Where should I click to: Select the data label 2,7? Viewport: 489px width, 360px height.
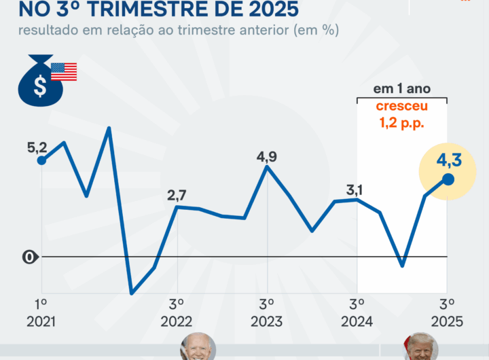(x=177, y=196)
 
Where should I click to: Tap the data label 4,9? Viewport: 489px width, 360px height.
(x=267, y=157)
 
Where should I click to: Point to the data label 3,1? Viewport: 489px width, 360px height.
(x=355, y=190)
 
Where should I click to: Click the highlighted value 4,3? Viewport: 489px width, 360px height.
(x=449, y=161)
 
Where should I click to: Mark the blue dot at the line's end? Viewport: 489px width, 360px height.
(x=448, y=179)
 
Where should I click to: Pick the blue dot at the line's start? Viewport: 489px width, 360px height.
(x=41, y=160)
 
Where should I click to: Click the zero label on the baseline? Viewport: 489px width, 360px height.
(x=29, y=257)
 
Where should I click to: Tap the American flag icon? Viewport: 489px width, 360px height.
(x=64, y=71)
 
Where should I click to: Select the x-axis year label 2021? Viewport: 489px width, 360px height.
(x=41, y=321)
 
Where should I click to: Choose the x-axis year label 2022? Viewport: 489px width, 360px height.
(x=177, y=321)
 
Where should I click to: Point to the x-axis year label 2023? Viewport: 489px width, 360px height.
(x=267, y=321)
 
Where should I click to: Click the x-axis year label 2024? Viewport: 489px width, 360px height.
(x=357, y=321)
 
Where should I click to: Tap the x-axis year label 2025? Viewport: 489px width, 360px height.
(x=447, y=321)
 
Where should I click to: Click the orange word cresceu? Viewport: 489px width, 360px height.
(x=401, y=107)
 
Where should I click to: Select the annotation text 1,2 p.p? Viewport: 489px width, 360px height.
(x=401, y=123)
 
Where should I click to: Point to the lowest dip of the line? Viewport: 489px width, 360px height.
(x=132, y=293)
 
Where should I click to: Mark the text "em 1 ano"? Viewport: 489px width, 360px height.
(x=401, y=89)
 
